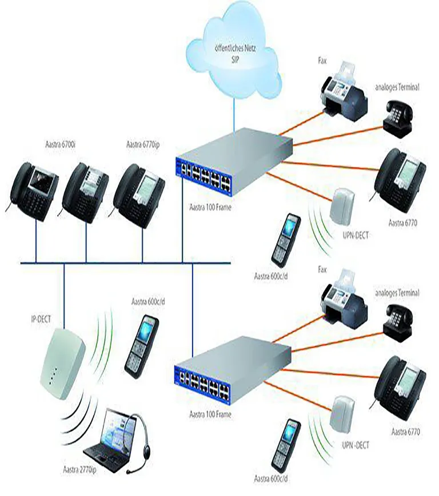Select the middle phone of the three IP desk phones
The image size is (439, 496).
(x=86, y=187)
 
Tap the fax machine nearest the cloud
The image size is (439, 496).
(x=344, y=92)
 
